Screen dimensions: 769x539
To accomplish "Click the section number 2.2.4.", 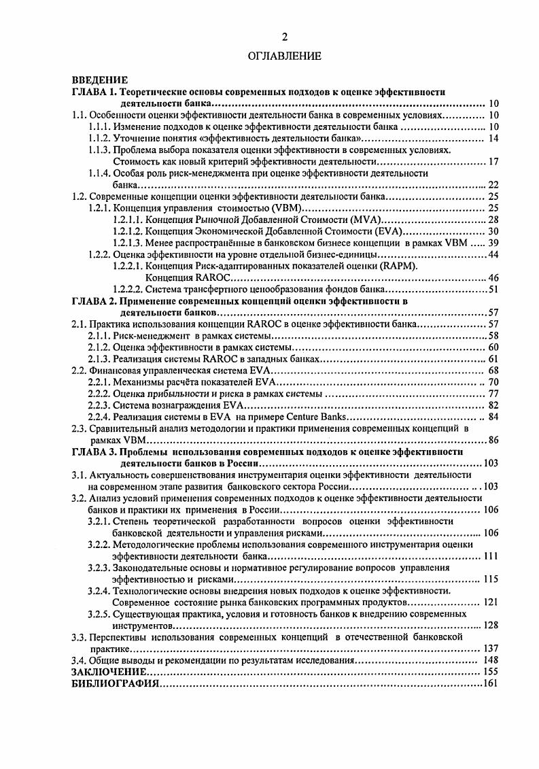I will click(x=101, y=417).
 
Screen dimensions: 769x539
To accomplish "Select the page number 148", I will click(x=491, y=660).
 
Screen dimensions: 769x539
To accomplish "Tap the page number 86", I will click(x=493, y=440).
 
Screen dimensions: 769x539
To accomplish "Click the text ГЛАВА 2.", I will click(x=95, y=301).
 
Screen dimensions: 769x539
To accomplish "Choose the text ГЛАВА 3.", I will click(x=95, y=451).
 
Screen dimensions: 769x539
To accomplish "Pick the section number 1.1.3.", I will click(x=101, y=150).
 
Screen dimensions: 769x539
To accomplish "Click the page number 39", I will click(x=493, y=243).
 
